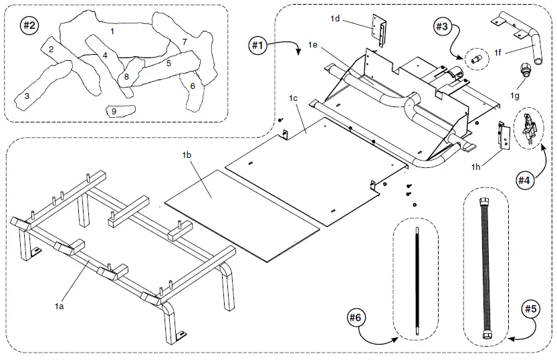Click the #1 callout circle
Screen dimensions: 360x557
(x=258, y=46)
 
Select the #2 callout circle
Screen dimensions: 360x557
(x=29, y=26)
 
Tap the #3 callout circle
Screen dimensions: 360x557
(x=441, y=27)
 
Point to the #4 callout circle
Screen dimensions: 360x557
(x=526, y=179)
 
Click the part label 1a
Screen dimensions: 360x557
(x=59, y=306)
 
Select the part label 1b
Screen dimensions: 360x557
(x=187, y=155)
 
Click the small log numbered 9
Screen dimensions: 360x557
(x=121, y=111)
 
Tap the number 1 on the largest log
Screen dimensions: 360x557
(x=112, y=31)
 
